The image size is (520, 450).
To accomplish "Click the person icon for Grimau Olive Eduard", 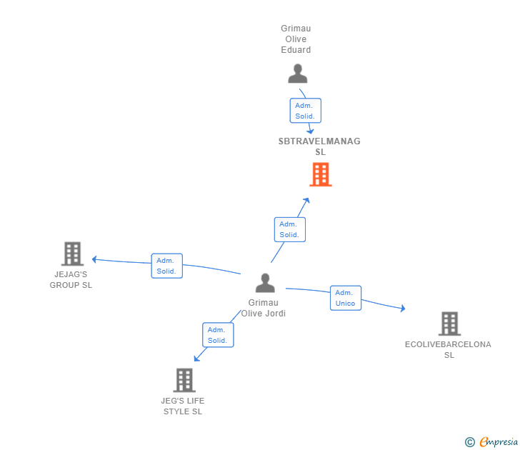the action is [297, 74].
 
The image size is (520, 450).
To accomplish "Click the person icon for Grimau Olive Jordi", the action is [265, 284].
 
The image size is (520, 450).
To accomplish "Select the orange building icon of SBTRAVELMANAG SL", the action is [321, 174].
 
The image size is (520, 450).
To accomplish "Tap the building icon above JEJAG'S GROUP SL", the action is [72, 254].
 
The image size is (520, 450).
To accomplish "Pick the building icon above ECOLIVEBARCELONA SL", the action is [449, 324].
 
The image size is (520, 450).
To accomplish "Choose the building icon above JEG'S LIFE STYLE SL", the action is [184, 380].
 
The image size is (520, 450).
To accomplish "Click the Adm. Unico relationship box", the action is [346, 298].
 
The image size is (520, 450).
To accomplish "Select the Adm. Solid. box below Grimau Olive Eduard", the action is [305, 111].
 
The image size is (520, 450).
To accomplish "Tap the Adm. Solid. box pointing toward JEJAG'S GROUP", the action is [166, 266].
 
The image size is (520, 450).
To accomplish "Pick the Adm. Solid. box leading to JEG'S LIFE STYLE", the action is [217, 335].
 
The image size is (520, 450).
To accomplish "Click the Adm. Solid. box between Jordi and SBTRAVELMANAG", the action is [289, 229].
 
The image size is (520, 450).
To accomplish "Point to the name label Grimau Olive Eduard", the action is [296, 39].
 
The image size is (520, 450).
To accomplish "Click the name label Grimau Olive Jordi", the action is [263, 308].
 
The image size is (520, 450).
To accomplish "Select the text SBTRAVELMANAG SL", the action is [319, 146].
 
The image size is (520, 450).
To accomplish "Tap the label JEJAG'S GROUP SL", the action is [71, 279].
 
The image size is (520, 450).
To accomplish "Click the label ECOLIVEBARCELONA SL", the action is [448, 349].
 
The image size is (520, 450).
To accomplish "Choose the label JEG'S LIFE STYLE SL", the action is [183, 406].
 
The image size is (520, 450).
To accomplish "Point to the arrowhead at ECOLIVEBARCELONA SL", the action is [403, 309].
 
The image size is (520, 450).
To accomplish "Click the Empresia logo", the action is [492, 442].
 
